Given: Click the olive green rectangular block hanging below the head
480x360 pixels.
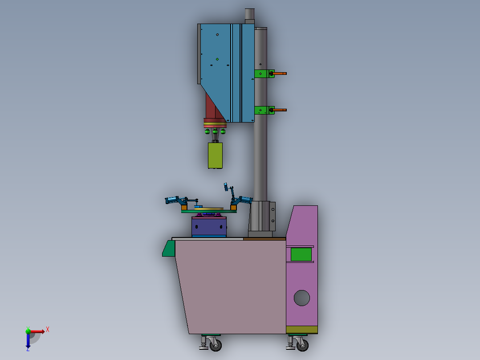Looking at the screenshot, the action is point(215,155).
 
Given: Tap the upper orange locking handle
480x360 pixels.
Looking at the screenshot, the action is point(279,74).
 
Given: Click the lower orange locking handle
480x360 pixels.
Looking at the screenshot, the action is point(279,110).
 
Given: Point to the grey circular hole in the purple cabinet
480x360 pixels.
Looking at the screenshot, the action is point(302,298).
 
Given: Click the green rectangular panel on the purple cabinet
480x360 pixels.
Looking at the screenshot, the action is point(301,254).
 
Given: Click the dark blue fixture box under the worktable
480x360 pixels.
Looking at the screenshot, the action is point(209,227).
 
